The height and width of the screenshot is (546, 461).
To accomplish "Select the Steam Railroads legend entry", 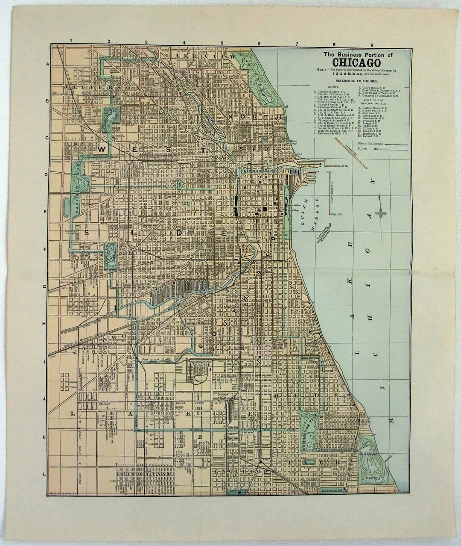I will click(x=365, y=143).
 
